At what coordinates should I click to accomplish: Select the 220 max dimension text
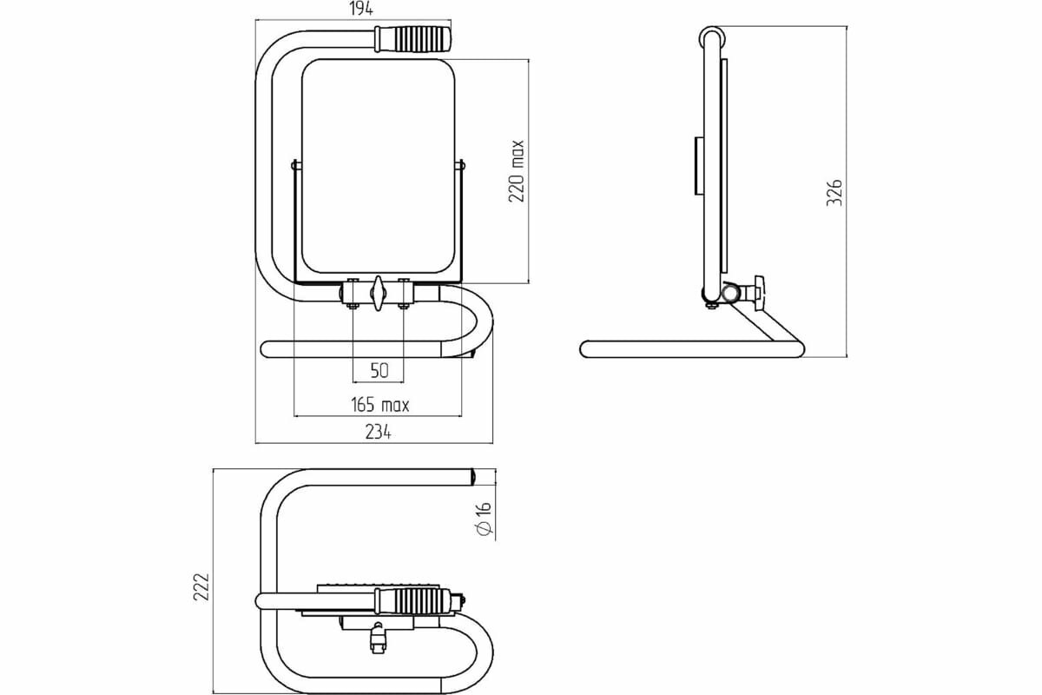[x=517, y=171]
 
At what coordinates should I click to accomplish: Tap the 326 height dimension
[x=834, y=192]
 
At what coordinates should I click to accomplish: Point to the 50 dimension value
[x=379, y=371]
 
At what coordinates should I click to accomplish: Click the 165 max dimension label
[x=379, y=405]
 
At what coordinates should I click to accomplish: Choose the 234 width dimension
[x=378, y=432]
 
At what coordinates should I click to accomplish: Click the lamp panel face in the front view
[x=378, y=165]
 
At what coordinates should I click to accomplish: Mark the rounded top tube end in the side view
[x=712, y=38]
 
